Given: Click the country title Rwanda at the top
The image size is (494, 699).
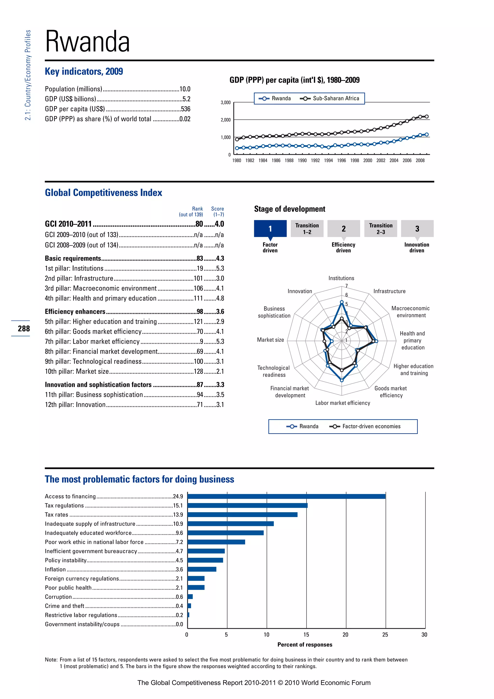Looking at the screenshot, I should (x=87, y=42).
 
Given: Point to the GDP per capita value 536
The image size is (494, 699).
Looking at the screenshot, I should (x=185, y=109).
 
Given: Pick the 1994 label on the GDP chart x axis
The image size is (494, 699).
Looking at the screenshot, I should (x=328, y=161).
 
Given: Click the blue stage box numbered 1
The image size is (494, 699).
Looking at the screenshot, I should (x=270, y=229).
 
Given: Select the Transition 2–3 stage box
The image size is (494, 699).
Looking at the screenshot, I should (x=381, y=229).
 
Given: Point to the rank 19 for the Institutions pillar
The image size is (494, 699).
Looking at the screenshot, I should (x=199, y=268).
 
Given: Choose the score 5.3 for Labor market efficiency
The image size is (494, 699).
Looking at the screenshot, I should (x=220, y=342).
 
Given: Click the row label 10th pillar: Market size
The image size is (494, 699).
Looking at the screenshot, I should (x=77, y=371).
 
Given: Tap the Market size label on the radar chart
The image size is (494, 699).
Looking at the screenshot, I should (x=270, y=340).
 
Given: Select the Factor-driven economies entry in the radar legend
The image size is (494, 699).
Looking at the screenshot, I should (x=371, y=426).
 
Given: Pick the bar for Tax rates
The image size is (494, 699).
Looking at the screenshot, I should (x=242, y=515).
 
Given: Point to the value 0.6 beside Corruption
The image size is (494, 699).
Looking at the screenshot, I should (x=179, y=597).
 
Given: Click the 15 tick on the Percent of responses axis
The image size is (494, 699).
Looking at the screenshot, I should (x=306, y=635).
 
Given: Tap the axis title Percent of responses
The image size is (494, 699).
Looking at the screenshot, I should (x=305, y=644).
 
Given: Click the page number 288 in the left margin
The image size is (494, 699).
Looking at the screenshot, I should (x=24, y=329).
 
